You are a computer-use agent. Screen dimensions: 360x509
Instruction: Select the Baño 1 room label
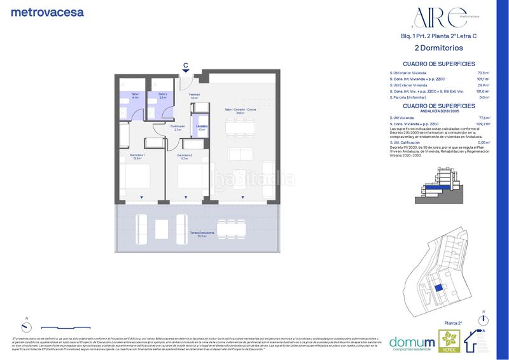[135, 95]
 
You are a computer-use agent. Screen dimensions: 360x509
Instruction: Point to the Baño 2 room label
[163, 95]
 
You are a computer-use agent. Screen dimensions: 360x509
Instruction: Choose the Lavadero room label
[201, 127]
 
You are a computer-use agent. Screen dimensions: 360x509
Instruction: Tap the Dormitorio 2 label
[185, 156]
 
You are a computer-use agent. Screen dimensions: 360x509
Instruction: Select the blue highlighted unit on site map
[438, 287]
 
